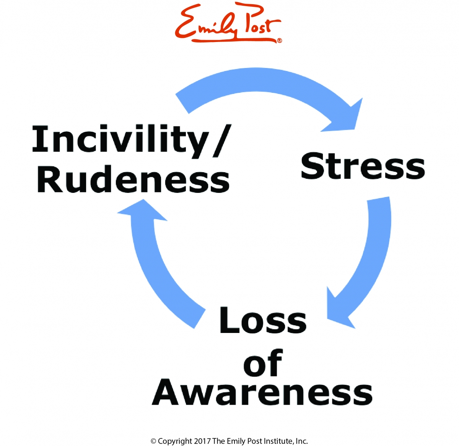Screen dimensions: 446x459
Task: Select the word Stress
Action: tap(363, 166)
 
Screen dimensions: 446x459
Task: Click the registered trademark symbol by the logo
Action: tap(279, 40)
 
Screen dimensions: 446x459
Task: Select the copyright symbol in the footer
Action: tap(153, 441)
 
